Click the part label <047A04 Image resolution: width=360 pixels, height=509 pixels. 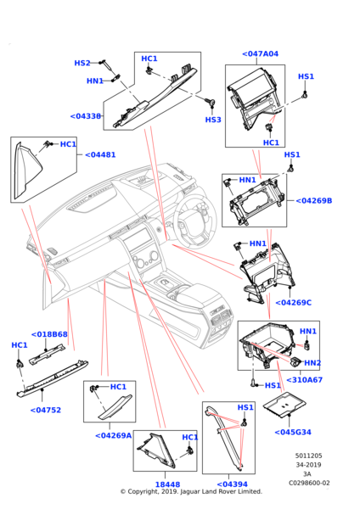261,54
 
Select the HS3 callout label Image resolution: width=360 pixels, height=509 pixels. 213,120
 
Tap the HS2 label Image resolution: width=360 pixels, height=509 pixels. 82,63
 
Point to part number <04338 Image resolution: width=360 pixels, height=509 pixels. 86,116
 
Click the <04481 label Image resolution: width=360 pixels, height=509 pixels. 100,154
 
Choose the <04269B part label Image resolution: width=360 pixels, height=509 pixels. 314,200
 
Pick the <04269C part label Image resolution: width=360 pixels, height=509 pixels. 294,303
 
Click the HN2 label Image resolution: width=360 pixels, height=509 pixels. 312,363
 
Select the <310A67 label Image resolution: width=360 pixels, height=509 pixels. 305,380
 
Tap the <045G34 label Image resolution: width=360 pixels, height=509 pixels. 293,432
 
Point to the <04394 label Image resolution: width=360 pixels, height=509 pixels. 232,484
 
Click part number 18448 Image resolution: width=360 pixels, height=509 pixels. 167,484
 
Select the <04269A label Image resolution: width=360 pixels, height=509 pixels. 114,435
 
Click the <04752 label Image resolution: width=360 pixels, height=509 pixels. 46,410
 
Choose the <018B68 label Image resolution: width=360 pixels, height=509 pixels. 49,334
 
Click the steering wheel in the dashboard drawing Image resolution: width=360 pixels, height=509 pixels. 195,221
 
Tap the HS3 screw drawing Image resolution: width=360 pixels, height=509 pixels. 211,103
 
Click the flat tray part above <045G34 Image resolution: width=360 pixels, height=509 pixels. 284,404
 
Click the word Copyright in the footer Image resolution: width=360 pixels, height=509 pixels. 143,492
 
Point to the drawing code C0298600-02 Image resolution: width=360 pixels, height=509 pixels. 309,483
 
